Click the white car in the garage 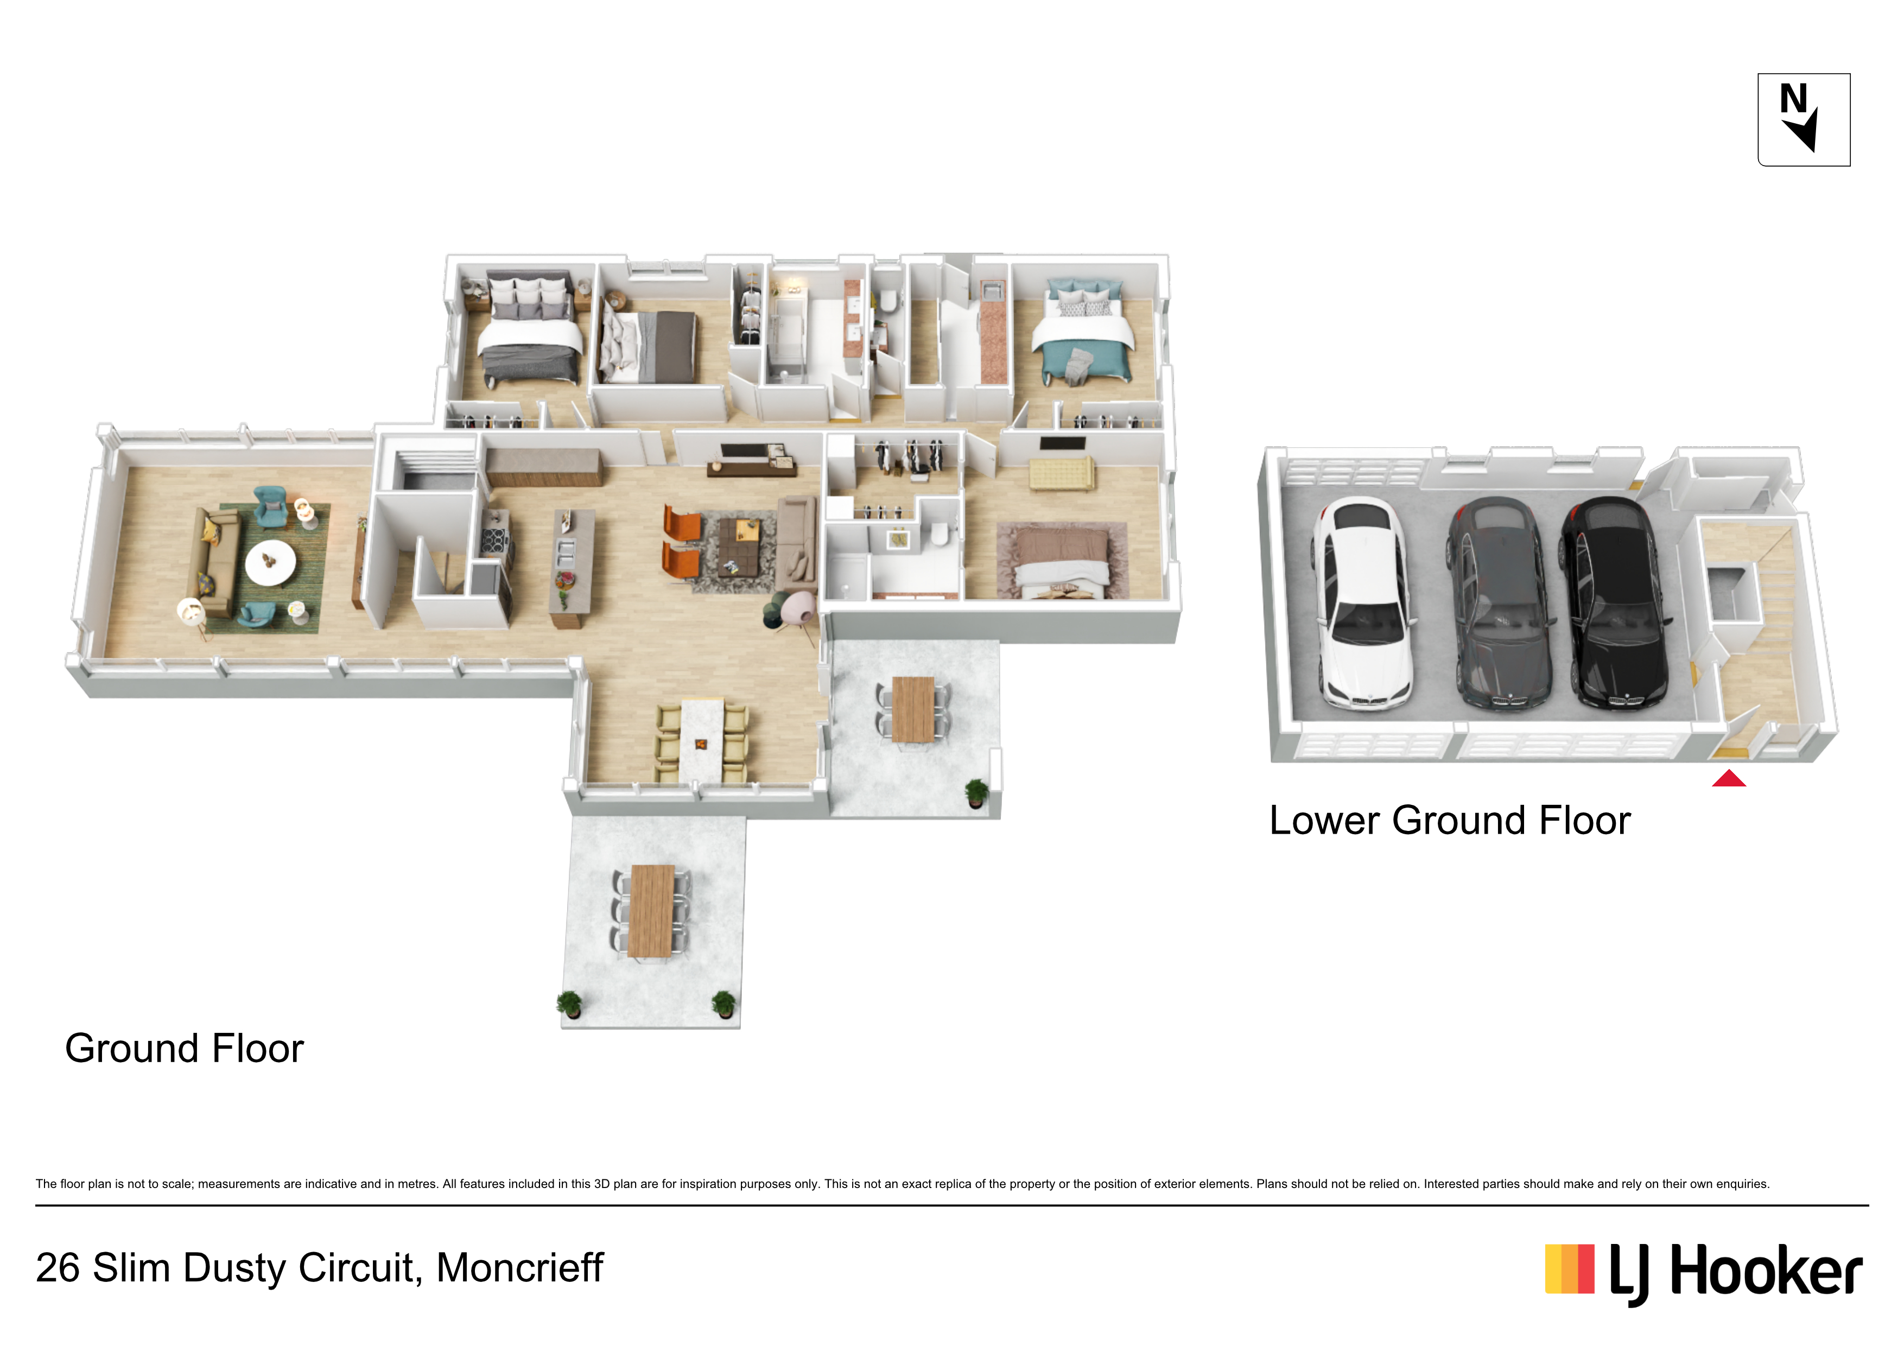tap(1362, 603)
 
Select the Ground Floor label tap(184, 1048)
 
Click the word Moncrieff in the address tap(520, 1267)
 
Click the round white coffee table tap(270, 562)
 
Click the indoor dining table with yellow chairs tap(702, 741)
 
